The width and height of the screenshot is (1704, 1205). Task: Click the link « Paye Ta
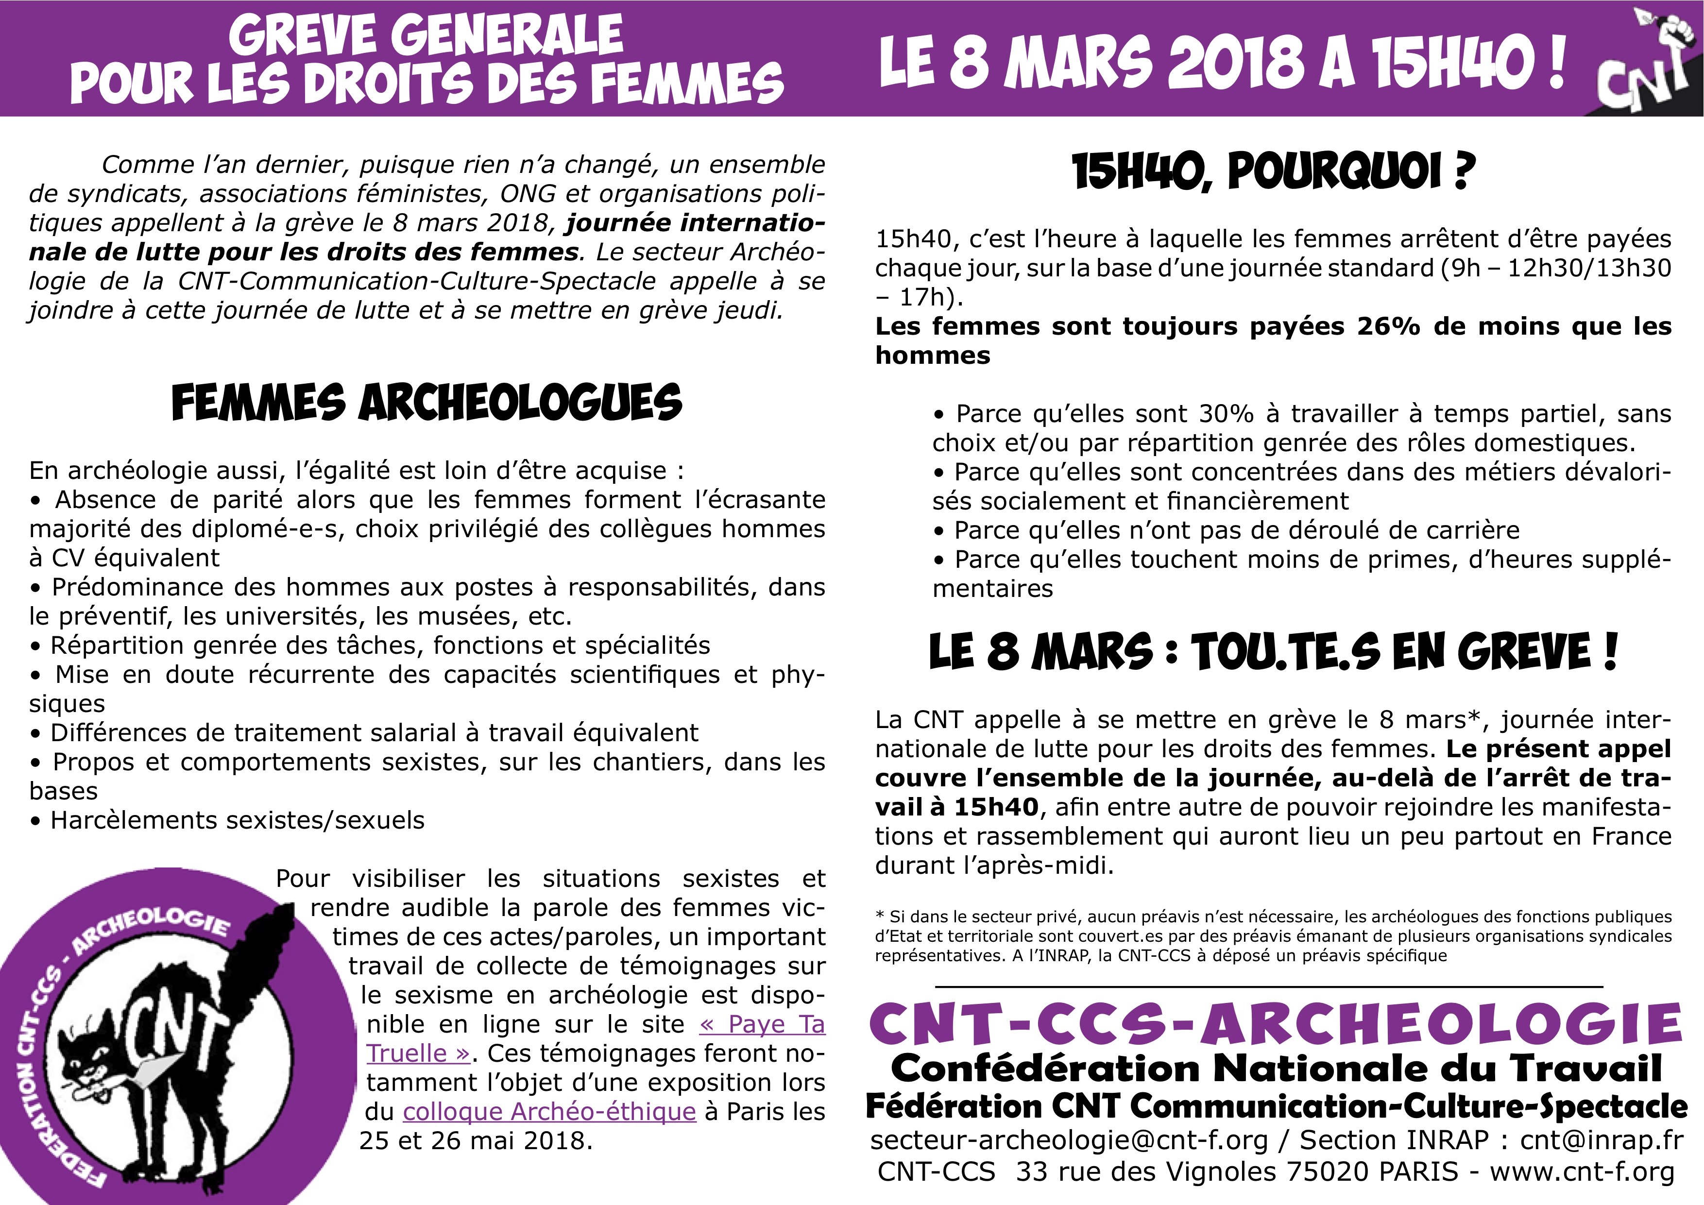[x=762, y=1024]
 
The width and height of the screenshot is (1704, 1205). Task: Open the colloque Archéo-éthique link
[x=549, y=1112]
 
